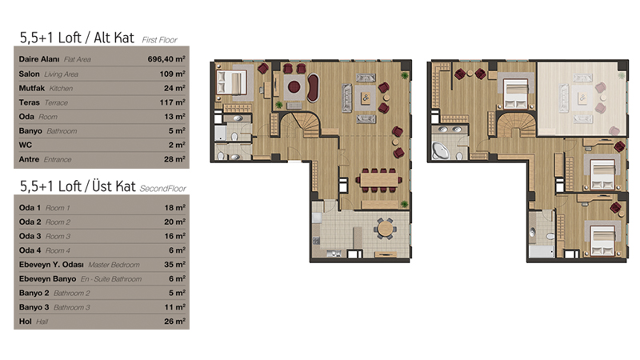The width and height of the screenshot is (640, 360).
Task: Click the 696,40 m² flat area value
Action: [166, 59]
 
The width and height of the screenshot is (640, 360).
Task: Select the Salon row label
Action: [29, 74]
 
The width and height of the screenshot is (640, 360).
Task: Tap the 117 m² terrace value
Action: [172, 102]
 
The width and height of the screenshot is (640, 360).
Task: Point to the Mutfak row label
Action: [32, 88]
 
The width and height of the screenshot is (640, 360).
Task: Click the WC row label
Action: [26, 145]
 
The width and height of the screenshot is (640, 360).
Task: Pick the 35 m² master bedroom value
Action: [174, 265]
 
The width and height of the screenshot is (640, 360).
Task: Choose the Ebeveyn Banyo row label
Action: [47, 278]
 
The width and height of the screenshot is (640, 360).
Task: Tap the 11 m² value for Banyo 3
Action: [175, 307]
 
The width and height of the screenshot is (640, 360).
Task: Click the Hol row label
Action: [26, 322]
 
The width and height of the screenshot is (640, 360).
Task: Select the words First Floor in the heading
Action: [159, 40]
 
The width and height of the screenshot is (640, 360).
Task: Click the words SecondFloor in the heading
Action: [163, 189]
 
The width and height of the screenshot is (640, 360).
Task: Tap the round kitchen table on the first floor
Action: [385, 229]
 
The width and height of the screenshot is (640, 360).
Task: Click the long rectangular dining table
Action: [378, 179]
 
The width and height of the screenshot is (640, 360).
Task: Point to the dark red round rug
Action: [294, 86]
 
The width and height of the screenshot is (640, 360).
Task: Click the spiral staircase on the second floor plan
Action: [515, 126]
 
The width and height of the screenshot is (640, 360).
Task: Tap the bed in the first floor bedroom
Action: [232, 82]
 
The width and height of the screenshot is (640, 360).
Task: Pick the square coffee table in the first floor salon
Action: [366, 98]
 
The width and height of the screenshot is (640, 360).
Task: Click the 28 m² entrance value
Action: [174, 159]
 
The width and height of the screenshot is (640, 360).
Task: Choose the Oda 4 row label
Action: [30, 250]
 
